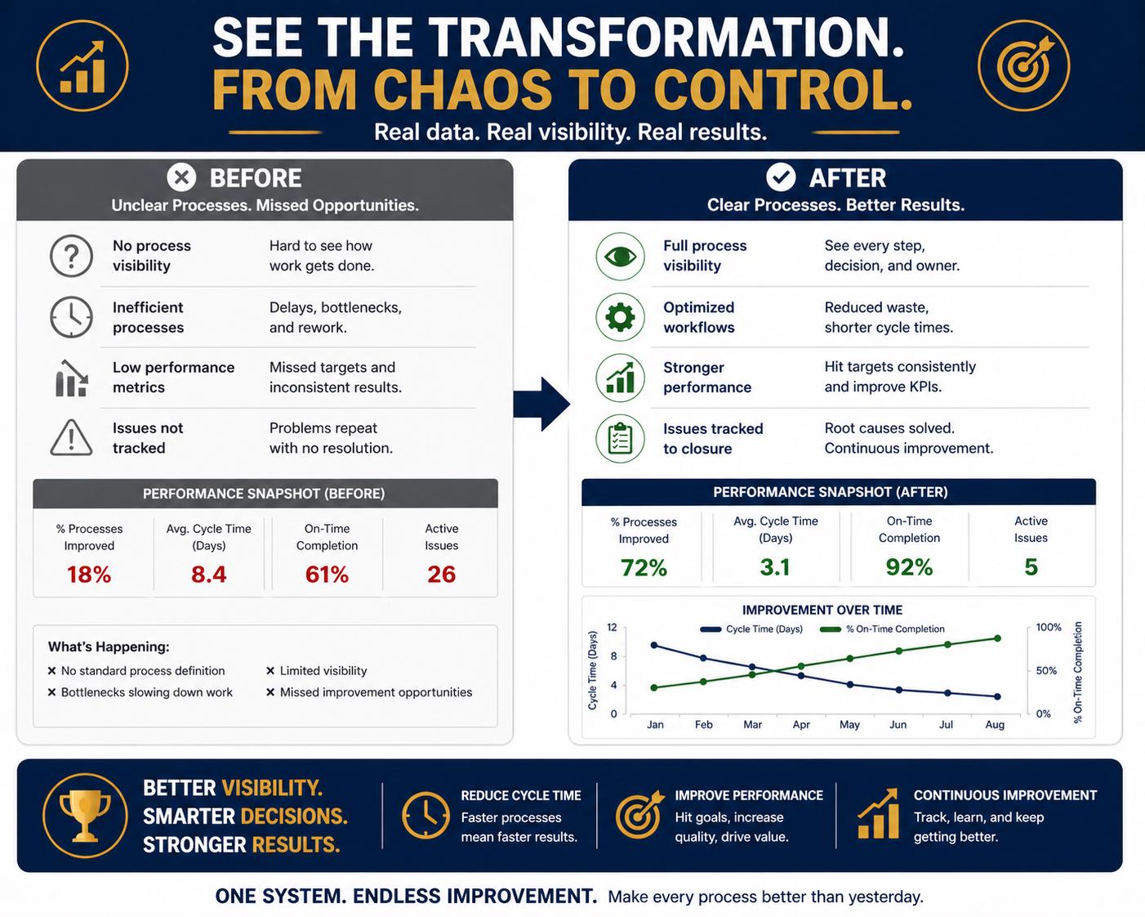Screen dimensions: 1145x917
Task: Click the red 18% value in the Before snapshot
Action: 89,574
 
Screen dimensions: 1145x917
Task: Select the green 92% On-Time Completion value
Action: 909,566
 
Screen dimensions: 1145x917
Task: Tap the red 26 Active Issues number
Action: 441,574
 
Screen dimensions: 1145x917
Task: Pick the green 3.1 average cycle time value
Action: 775,566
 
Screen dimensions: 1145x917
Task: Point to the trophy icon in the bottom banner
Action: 85,816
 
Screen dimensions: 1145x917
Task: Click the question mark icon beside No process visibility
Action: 71,256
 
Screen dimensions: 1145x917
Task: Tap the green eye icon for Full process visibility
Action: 620,257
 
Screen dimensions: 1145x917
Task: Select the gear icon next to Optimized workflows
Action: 620,317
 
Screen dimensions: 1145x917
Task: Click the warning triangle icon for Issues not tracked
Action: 71,438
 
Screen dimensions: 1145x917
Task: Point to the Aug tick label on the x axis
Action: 995,725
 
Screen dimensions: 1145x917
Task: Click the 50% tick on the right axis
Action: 1046,670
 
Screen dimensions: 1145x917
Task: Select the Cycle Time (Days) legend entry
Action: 751,629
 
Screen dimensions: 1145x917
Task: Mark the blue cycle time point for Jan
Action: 654,645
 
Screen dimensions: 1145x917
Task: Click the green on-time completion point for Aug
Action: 998,638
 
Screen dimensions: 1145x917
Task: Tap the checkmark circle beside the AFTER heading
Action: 781,177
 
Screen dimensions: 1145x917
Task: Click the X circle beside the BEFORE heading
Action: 181,177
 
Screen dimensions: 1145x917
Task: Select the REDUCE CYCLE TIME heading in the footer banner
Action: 521,795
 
